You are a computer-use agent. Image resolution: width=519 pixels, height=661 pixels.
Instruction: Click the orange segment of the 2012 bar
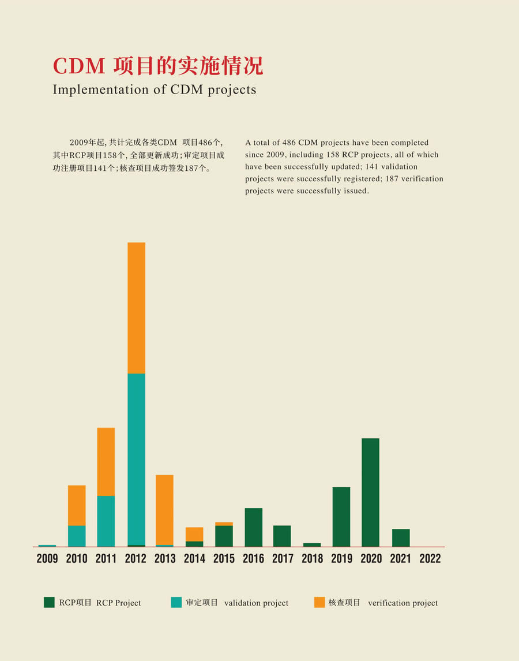click(x=136, y=308)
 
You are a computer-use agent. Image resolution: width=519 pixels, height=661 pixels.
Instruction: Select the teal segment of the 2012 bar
click(x=136, y=459)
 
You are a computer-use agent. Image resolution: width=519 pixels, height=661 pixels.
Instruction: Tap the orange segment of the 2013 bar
click(x=164, y=509)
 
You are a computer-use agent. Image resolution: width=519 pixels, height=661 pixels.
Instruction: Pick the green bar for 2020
click(x=370, y=492)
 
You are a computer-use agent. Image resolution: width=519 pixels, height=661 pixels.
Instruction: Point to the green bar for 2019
click(x=341, y=517)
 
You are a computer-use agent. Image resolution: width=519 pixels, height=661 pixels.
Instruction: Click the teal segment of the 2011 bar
click(x=106, y=521)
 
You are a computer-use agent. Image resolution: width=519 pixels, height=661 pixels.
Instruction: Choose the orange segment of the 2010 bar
click(x=77, y=505)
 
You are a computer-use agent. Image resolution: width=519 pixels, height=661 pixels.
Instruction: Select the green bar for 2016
click(x=253, y=527)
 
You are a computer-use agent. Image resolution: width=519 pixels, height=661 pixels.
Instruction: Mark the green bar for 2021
click(x=401, y=537)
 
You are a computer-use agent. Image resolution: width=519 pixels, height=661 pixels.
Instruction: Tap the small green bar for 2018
click(x=312, y=544)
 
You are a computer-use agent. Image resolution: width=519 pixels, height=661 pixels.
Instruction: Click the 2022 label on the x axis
click(x=430, y=559)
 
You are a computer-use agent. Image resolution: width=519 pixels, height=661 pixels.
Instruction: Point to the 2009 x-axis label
click(x=47, y=559)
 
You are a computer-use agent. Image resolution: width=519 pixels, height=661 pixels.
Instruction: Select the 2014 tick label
click(x=194, y=559)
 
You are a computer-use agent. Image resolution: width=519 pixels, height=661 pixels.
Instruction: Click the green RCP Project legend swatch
click(x=49, y=602)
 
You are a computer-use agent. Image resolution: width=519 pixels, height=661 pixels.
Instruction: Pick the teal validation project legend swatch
click(x=176, y=602)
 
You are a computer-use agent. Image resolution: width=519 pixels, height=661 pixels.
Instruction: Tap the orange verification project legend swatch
click(x=319, y=602)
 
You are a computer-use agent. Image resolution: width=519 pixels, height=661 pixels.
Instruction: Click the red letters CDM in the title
click(x=79, y=66)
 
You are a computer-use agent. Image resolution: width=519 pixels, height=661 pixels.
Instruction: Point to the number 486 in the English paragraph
click(x=289, y=143)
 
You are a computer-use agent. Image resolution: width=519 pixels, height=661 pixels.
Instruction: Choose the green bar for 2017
click(x=282, y=536)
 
